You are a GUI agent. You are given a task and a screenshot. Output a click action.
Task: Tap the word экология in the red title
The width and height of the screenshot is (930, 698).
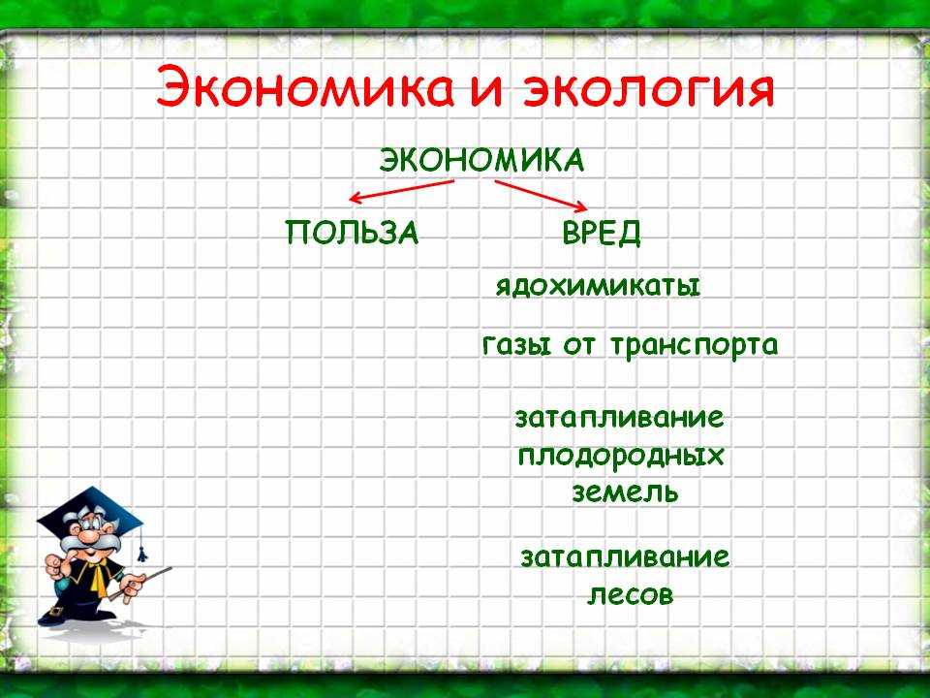(x=649, y=90)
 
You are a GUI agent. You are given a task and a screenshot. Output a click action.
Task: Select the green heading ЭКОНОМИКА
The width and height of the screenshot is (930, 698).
(x=481, y=161)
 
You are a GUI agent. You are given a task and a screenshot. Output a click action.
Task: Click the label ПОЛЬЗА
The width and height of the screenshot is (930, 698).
(x=352, y=232)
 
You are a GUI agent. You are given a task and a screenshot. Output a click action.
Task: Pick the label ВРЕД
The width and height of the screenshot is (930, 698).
(x=602, y=232)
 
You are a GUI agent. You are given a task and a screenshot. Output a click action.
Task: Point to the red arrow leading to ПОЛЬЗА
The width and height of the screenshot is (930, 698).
(x=401, y=191)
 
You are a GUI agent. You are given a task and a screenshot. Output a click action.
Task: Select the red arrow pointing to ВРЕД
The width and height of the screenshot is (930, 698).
(x=541, y=195)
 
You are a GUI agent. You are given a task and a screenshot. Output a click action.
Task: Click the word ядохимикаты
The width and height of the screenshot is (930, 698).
(x=598, y=287)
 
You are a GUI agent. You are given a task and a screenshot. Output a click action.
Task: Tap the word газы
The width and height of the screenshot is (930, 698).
(x=516, y=345)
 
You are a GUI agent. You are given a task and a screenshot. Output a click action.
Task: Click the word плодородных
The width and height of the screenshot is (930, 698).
(x=621, y=457)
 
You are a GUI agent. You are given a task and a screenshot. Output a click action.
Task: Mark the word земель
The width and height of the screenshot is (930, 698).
(x=625, y=492)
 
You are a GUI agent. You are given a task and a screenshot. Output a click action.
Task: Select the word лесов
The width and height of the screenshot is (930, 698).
(x=631, y=594)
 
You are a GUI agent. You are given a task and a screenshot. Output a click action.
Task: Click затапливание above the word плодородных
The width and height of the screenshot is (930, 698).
(x=620, y=418)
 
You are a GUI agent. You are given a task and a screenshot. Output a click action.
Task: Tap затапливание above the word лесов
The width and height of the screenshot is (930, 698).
(x=625, y=557)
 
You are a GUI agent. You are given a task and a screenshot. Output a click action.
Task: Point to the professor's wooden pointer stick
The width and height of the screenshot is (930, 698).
(x=141, y=584)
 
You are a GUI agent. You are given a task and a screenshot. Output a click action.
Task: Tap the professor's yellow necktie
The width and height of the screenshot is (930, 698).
(x=97, y=577)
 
